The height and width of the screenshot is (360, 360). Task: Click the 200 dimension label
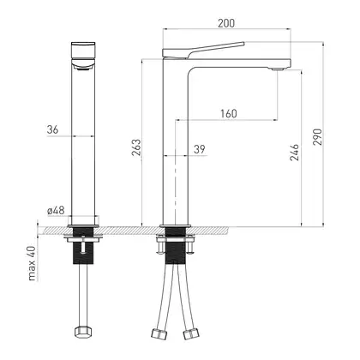[x=226, y=23]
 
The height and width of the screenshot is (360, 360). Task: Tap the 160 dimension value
[x=229, y=113]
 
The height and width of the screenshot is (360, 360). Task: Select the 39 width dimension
[x=200, y=149]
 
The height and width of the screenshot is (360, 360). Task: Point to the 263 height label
[x=136, y=147]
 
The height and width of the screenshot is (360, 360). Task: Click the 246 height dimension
[x=294, y=153]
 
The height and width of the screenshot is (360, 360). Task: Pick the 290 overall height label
[x=317, y=137]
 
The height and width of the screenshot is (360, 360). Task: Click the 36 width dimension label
[x=52, y=129]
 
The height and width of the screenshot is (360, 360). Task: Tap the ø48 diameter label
[x=56, y=211]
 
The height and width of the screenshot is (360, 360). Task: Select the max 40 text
[x=32, y=263]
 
